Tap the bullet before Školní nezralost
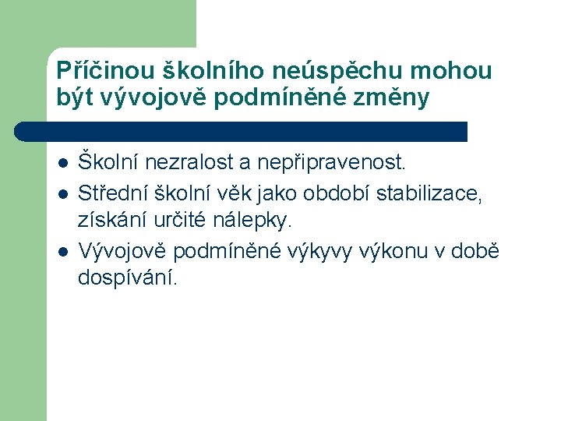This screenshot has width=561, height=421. coord(62,164)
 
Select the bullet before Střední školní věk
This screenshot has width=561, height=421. coord(62,193)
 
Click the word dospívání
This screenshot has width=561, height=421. coord(128,278)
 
